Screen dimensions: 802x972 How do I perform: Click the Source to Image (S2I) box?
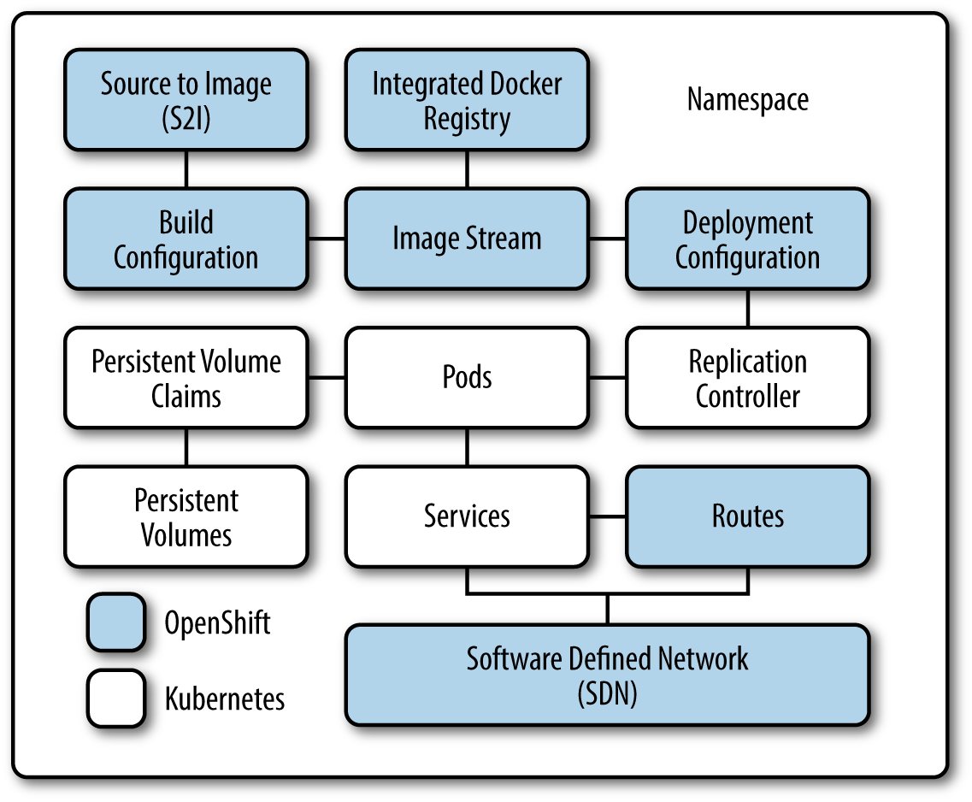point(186,100)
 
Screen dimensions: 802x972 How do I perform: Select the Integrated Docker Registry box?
point(467,100)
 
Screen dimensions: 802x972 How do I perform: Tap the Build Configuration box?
point(186,239)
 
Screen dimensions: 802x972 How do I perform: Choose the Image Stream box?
point(467,239)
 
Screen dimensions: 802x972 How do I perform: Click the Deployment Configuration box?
point(747,239)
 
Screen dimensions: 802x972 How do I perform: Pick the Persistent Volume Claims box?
point(186,377)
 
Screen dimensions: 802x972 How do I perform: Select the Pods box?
point(467,377)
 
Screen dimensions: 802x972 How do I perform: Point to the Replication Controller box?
point(747,377)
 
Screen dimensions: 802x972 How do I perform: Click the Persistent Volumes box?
point(186,516)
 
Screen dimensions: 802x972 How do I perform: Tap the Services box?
point(467,516)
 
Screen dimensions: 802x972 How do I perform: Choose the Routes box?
point(747,516)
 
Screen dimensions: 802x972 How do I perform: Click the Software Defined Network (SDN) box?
point(607,675)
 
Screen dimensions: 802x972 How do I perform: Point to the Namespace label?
point(747,100)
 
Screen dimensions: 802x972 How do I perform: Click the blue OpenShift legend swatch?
point(116,622)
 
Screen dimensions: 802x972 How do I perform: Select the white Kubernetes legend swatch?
point(116,699)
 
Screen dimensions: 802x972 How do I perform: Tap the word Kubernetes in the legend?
point(224,699)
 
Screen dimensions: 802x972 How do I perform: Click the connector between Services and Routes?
point(607,516)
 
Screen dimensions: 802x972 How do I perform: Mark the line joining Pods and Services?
point(467,446)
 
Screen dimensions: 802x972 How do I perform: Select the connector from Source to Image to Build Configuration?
point(186,169)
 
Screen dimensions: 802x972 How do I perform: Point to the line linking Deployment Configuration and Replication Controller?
point(747,308)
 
